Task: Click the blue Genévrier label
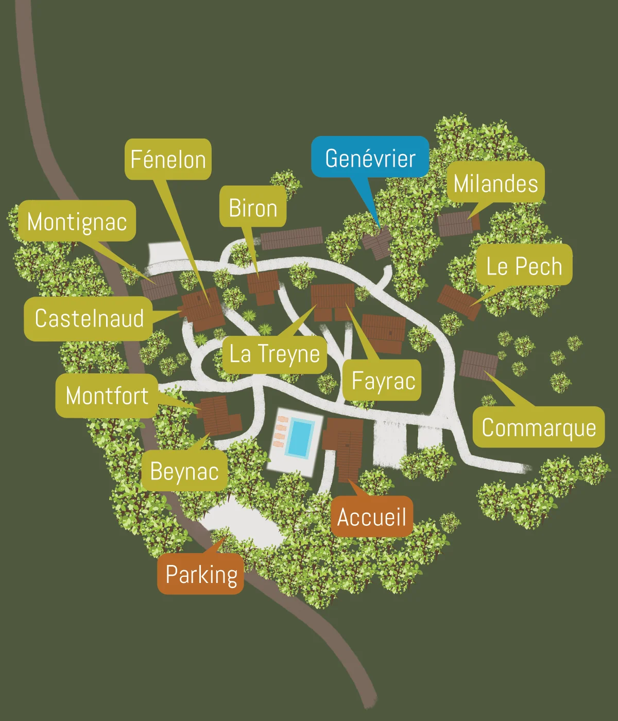(x=370, y=158)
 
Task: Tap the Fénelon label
(x=168, y=159)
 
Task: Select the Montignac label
(x=77, y=221)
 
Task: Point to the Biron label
(x=253, y=208)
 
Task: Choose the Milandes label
(x=495, y=183)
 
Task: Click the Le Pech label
(x=524, y=266)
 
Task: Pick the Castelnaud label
(x=89, y=318)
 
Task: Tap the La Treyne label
(x=274, y=354)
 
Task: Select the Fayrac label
(x=383, y=381)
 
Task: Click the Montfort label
(x=107, y=396)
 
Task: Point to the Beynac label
(x=184, y=471)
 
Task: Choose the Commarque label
(x=538, y=427)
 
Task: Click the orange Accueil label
(x=371, y=517)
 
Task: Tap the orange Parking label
(x=201, y=574)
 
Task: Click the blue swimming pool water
(x=300, y=438)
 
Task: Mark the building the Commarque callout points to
(x=478, y=365)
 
